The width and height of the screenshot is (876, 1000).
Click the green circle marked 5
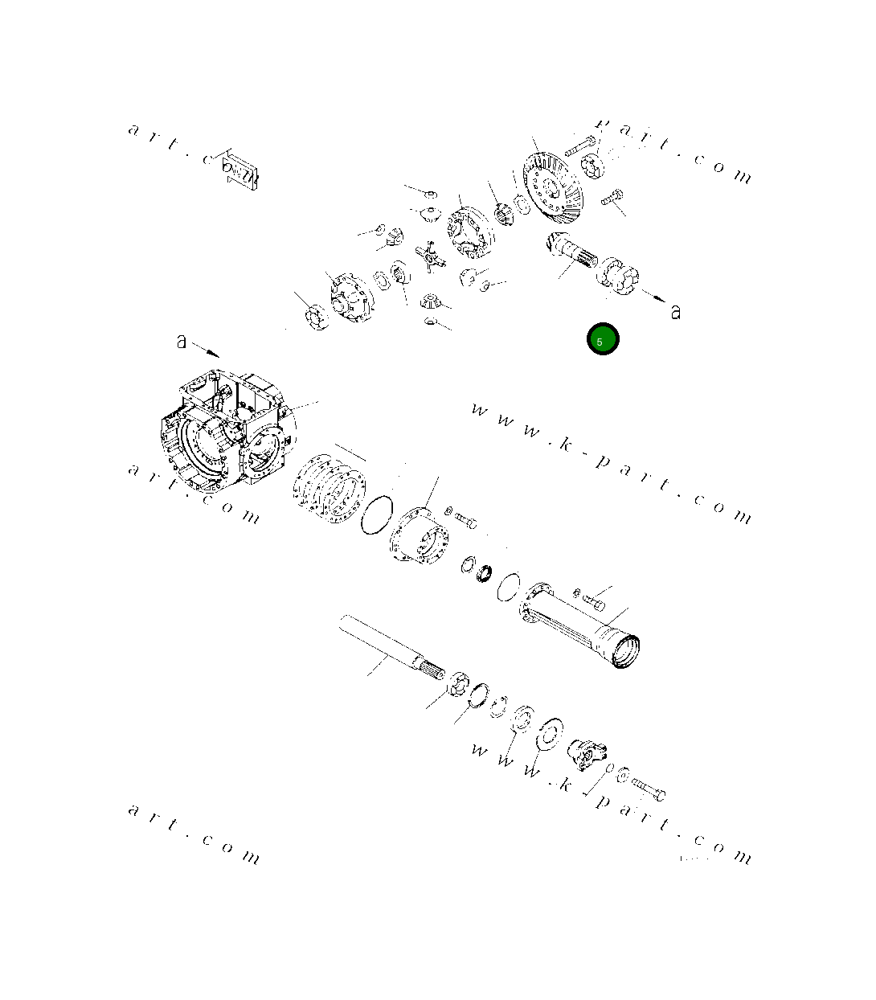[x=602, y=339]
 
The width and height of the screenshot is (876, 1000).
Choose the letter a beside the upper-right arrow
[x=676, y=311]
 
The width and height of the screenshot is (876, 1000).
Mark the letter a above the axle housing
[x=182, y=342]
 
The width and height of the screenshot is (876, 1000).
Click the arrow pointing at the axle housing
[x=206, y=350]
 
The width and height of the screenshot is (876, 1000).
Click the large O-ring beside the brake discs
[x=376, y=514]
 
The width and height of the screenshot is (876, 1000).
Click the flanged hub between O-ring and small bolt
[x=420, y=535]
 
